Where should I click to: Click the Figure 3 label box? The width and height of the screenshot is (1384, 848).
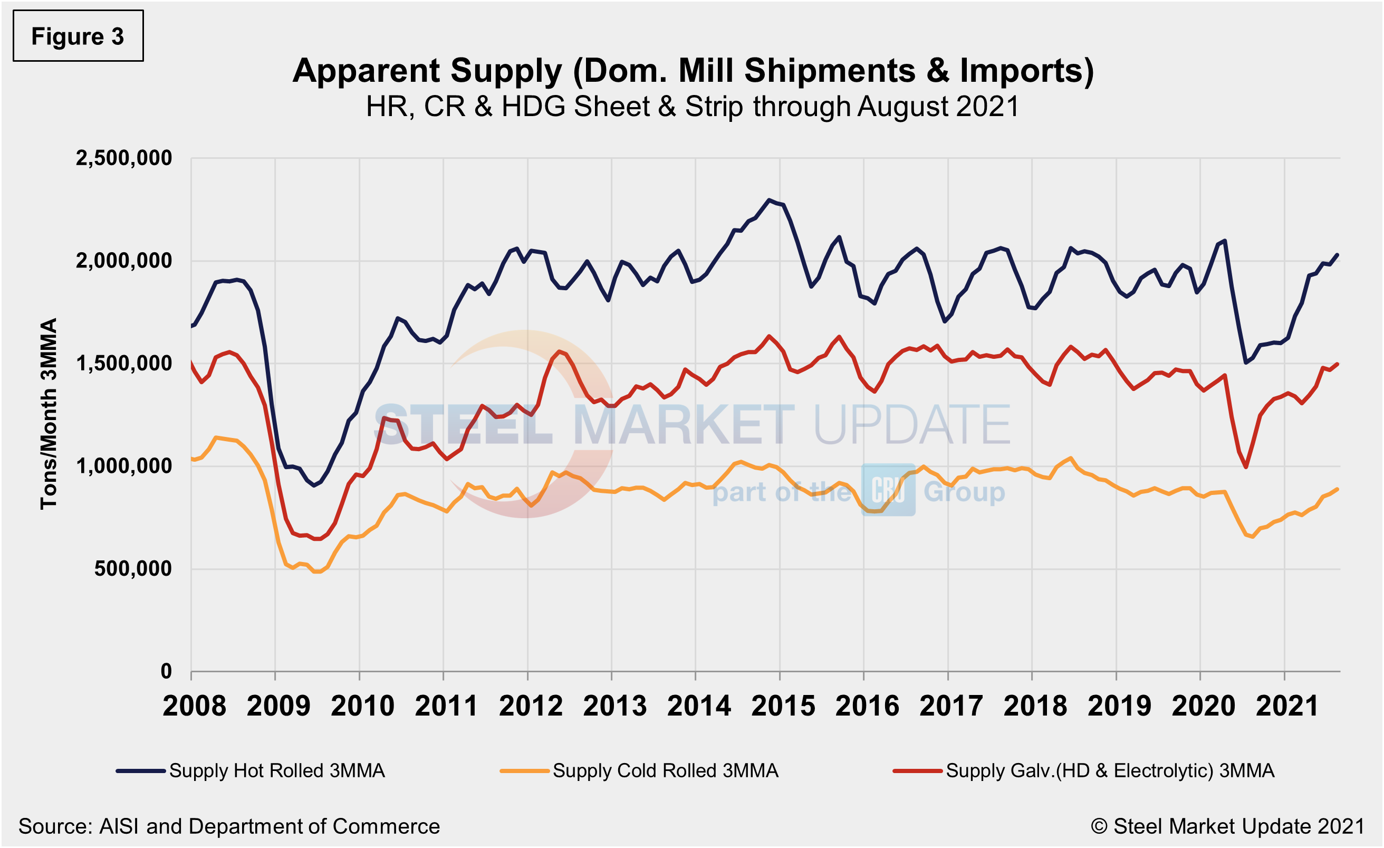click(78, 36)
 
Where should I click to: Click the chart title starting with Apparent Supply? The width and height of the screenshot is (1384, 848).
click(693, 71)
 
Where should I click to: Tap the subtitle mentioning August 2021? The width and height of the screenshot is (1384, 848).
click(693, 107)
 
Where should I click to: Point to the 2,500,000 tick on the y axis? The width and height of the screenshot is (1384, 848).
click(124, 158)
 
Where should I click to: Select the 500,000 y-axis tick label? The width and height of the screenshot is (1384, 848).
click(133, 569)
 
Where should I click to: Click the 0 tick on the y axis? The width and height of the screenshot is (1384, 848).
click(166, 671)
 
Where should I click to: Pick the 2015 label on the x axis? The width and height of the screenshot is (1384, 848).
click(782, 706)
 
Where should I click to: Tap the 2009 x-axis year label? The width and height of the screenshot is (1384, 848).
click(278, 706)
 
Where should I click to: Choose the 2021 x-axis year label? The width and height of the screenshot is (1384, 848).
click(1287, 706)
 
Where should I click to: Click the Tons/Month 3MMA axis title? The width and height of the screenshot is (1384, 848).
click(49, 414)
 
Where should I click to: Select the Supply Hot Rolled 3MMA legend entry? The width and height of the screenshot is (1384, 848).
click(251, 770)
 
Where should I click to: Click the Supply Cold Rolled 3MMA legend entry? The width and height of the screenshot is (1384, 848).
click(640, 770)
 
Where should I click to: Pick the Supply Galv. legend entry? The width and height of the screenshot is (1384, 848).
click(1083, 770)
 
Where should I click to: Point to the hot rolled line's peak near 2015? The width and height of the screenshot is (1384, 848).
click(769, 199)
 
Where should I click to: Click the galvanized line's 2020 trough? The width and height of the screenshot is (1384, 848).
click(1246, 467)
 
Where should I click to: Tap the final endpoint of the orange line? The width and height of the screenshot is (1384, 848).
click(1338, 489)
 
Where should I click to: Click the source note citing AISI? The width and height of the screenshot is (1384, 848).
click(228, 826)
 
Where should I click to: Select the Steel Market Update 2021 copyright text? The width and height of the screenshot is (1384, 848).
click(1228, 826)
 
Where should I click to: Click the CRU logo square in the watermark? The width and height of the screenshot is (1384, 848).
click(888, 490)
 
